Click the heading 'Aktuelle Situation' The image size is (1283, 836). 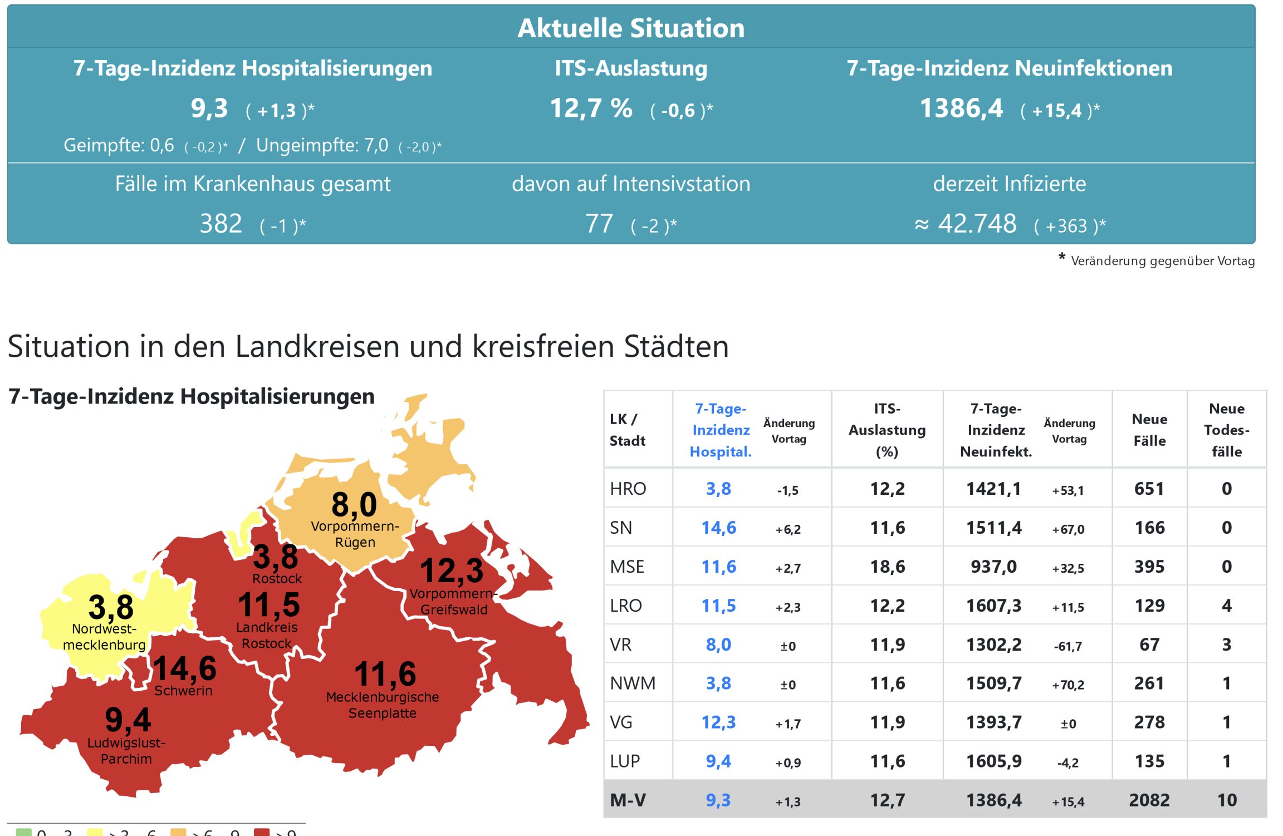[630, 28]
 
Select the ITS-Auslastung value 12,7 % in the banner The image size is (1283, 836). [591, 109]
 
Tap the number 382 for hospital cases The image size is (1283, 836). [221, 224]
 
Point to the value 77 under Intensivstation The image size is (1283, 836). [599, 224]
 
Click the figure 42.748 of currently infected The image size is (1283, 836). [977, 224]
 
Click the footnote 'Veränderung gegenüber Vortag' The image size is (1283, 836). [1162, 261]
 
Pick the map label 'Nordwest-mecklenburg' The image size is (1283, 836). [104, 637]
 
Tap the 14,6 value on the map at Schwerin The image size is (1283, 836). [184, 668]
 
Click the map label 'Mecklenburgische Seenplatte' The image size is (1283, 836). [383, 705]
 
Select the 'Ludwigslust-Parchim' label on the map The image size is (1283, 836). [126, 751]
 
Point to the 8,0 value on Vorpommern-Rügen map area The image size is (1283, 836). [354, 505]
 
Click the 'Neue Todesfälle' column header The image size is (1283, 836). [1226, 430]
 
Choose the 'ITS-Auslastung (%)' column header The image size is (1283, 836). [887, 430]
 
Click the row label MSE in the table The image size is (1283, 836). [627, 567]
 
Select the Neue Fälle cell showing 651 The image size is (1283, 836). [1149, 489]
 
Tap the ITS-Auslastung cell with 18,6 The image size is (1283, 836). [888, 567]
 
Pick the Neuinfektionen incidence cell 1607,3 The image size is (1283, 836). [993, 606]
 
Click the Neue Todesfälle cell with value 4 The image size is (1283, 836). [1226, 606]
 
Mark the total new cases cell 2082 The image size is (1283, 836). [1149, 800]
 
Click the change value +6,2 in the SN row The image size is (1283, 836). [788, 529]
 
